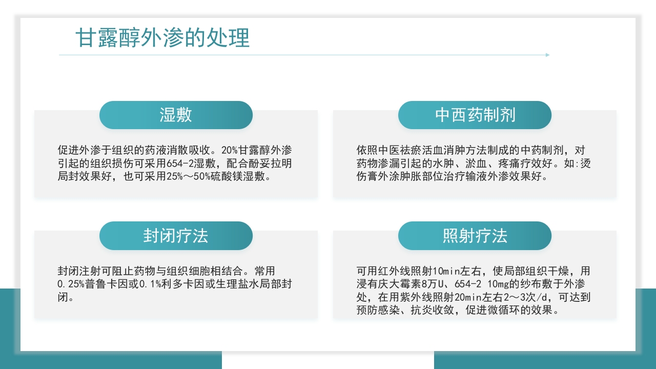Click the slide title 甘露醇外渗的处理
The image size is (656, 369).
point(162,38)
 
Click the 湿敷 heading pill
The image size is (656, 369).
point(176,115)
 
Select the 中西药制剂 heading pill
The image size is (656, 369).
point(475,115)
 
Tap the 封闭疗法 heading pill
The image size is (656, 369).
point(176,236)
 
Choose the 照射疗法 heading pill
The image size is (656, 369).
point(475,236)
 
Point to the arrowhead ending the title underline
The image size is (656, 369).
point(547,55)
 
